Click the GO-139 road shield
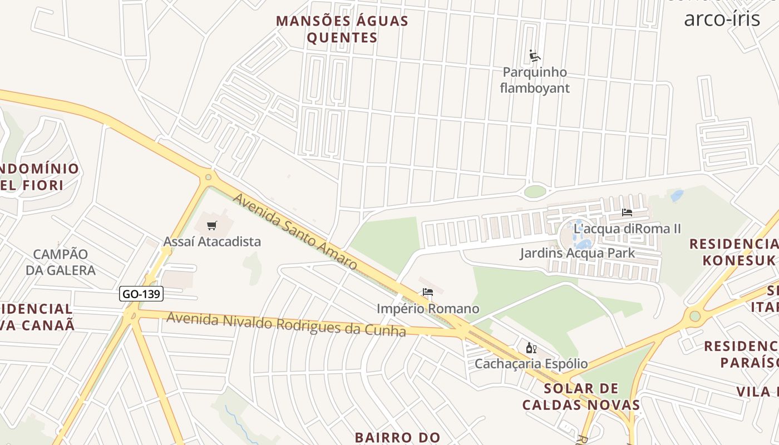(x=141, y=294)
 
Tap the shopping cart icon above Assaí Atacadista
(x=211, y=225)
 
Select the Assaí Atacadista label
(x=212, y=241)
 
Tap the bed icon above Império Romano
(x=427, y=292)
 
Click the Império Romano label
(x=427, y=309)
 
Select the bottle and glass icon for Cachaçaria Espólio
(x=531, y=348)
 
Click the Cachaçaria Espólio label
(x=531, y=364)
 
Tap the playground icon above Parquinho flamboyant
(x=535, y=56)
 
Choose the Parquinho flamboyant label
(x=535, y=80)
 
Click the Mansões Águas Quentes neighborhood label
(x=342, y=29)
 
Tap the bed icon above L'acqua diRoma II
(x=627, y=212)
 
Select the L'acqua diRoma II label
(x=627, y=229)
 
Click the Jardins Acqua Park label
(x=577, y=254)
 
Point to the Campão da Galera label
(x=61, y=262)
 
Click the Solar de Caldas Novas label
(x=581, y=396)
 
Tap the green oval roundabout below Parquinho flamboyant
(x=535, y=192)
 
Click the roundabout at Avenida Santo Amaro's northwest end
(x=208, y=177)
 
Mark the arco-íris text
(x=722, y=18)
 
